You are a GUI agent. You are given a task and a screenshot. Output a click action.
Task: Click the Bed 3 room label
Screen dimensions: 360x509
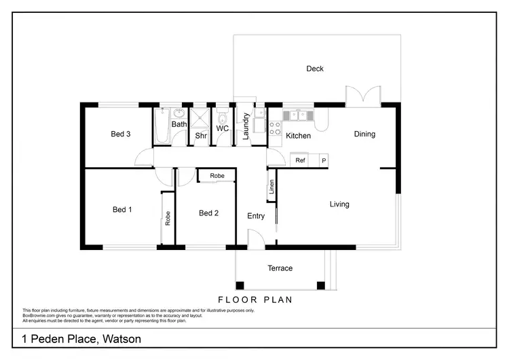point(120,134)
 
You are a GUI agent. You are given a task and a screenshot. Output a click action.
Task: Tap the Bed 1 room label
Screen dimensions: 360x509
point(122,210)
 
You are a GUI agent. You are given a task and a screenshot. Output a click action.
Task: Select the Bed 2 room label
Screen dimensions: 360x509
point(208,213)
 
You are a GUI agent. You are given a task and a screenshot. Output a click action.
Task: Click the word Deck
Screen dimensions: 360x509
point(315,69)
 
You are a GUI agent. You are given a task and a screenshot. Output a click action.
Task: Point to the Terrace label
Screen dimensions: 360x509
point(280,268)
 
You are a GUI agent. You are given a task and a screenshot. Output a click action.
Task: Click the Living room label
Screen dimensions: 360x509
point(339,204)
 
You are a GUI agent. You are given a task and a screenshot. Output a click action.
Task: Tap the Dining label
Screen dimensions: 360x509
point(364,134)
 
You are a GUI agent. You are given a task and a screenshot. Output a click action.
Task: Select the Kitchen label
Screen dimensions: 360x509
point(298,136)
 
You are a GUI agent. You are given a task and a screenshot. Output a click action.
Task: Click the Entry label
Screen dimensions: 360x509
point(256,216)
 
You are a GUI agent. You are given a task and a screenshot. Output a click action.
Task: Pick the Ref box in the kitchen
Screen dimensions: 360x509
point(300,160)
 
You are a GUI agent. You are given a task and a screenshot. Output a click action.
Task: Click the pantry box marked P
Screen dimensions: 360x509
point(323,160)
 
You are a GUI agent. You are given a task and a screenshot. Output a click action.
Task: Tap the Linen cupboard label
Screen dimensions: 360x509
point(271,187)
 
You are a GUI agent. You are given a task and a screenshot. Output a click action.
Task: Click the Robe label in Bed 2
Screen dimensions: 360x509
point(216,176)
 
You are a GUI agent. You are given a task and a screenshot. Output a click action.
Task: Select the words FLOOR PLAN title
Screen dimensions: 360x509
point(254,299)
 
